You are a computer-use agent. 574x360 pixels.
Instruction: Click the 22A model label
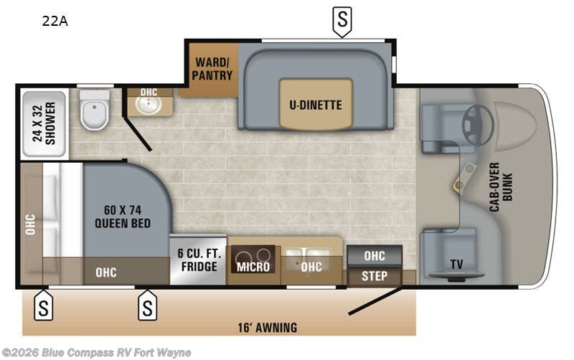click(x=55, y=21)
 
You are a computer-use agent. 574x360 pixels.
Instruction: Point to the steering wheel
click(x=477, y=123)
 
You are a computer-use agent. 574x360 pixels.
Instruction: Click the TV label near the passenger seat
click(x=456, y=264)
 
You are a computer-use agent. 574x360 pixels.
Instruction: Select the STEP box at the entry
click(x=374, y=276)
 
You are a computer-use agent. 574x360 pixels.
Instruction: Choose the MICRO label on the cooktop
click(x=253, y=267)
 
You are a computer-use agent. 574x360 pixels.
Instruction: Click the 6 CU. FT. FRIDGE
click(x=198, y=260)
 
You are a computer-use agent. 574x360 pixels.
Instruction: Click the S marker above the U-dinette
click(x=342, y=21)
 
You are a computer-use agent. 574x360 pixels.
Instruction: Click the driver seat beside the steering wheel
click(x=440, y=128)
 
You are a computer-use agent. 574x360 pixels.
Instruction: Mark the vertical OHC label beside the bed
click(x=30, y=224)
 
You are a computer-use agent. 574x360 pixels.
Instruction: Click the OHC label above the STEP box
click(x=374, y=256)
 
